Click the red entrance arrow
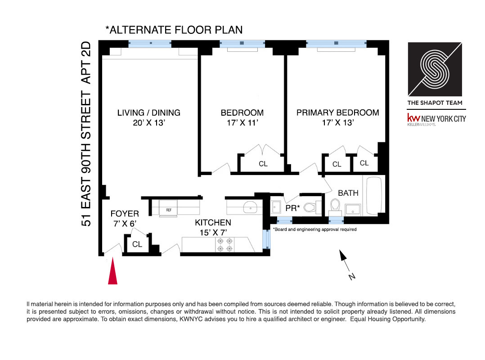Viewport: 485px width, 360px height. point(112,272)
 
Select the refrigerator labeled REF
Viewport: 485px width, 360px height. point(169,209)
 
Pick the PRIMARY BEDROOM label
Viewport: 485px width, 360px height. point(337,112)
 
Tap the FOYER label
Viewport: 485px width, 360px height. point(125,214)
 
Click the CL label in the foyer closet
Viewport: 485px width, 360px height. point(137,244)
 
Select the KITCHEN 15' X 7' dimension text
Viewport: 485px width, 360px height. point(213,232)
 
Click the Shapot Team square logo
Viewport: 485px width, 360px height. point(435,69)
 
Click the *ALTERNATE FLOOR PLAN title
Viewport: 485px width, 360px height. point(174,30)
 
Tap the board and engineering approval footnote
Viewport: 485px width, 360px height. point(315,229)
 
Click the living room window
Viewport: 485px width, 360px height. point(150,44)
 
